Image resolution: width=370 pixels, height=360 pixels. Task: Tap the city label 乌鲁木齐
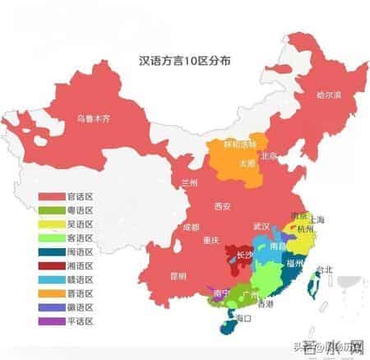pyautogui.click(x=92, y=117)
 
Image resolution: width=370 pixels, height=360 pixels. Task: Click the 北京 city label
pyautogui.click(x=269, y=155)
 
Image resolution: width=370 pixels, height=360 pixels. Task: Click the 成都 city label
pyautogui.click(x=191, y=226)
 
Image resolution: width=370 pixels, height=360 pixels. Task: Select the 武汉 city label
pyautogui.click(x=261, y=225)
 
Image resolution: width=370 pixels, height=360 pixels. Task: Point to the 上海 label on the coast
pyautogui.click(x=318, y=219)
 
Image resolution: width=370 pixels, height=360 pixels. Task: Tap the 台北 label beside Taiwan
pyautogui.click(x=323, y=269)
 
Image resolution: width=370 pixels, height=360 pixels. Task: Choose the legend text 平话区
pyautogui.click(x=83, y=321)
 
